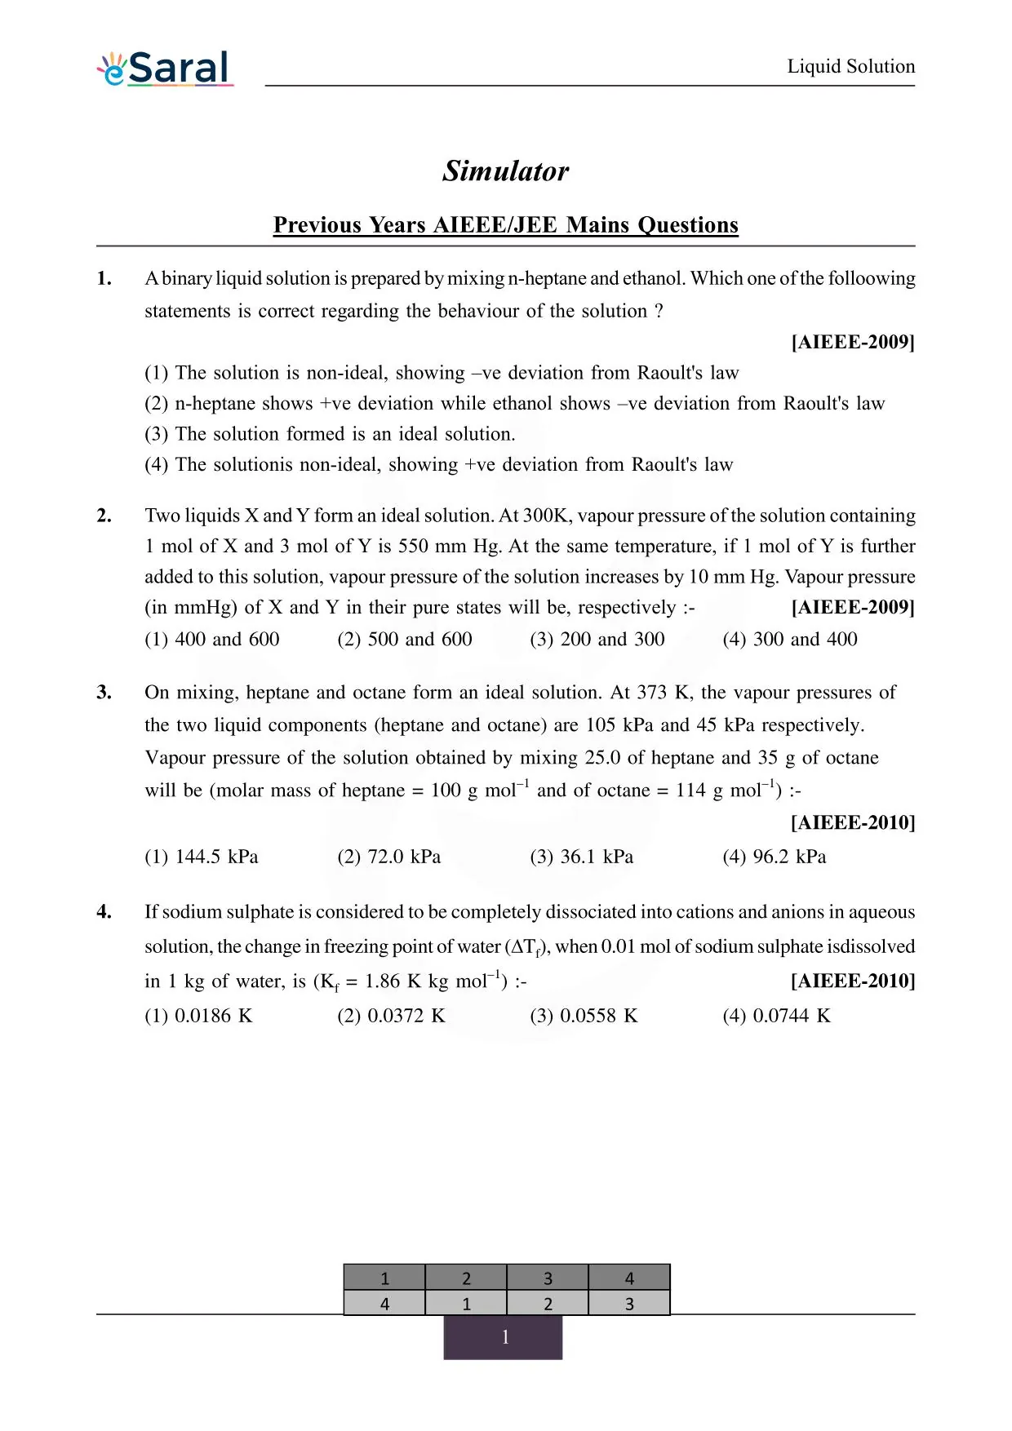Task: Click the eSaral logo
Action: [166, 69]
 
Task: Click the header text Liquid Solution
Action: [850, 66]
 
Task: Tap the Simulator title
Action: [505, 171]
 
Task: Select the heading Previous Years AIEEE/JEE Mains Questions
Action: [505, 225]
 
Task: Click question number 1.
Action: [104, 278]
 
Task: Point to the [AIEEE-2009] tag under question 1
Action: [853, 342]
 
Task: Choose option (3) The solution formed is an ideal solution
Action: [330, 434]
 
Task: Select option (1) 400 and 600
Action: [212, 639]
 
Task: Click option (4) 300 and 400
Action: [789, 639]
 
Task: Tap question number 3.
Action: [104, 693]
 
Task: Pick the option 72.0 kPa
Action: [389, 857]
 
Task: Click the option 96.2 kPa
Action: [774, 857]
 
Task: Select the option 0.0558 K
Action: [584, 1016]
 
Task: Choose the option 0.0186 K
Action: [198, 1016]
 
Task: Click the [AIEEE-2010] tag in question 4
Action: [853, 981]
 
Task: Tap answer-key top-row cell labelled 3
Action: [548, 1278]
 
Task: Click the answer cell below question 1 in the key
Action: [384, 1304]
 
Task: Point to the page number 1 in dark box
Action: [504, 1337]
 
